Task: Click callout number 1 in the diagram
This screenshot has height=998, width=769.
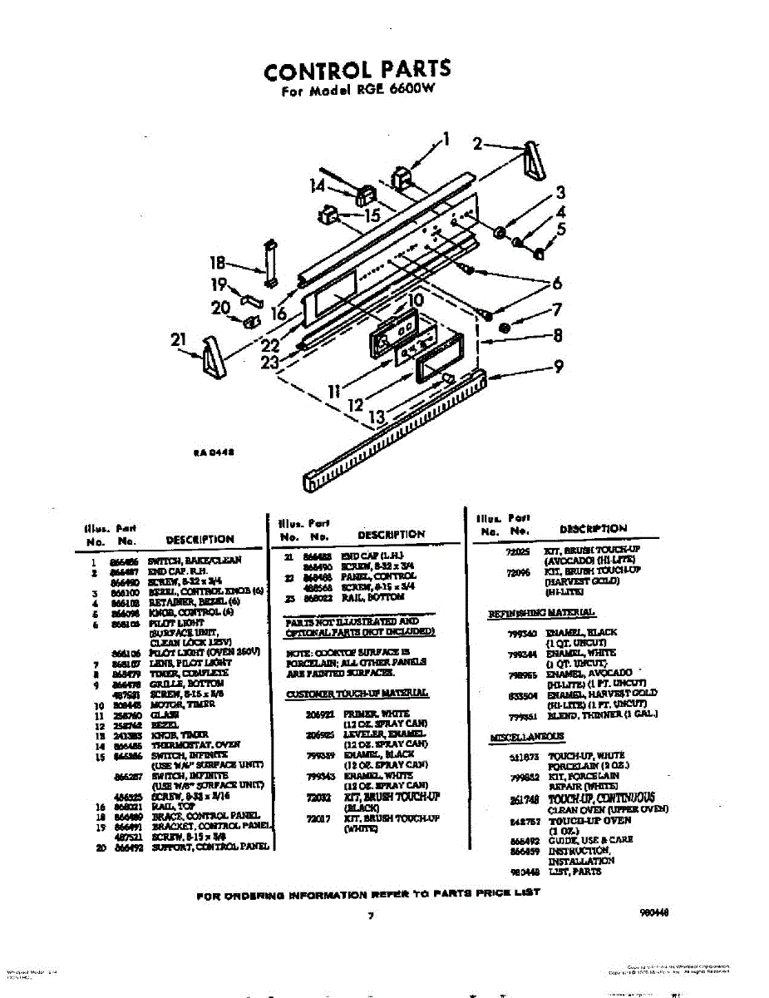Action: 446,139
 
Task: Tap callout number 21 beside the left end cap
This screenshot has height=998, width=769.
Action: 176,339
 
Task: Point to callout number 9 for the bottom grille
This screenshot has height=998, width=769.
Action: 559,366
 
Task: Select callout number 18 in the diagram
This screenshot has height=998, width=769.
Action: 218,263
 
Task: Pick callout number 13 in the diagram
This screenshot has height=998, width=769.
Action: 377,417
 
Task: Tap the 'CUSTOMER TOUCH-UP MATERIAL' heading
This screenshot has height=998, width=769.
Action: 357,693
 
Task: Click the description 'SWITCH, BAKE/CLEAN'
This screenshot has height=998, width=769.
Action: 195,561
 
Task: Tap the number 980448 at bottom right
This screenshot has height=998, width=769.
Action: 655,912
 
